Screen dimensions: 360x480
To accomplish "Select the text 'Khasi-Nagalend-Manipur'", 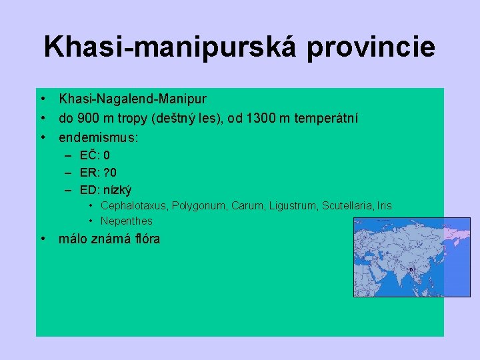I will [133, 99].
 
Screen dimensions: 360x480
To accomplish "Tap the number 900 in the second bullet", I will [87, 119].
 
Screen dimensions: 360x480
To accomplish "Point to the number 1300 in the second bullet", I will [260, 119].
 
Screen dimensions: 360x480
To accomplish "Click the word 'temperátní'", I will [317, 119].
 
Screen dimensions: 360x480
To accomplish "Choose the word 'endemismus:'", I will [99, 139].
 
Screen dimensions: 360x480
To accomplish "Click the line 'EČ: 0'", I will [95, 156].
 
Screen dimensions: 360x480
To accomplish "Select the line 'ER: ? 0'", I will [99, 173].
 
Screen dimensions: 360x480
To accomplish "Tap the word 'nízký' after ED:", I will [117, 190].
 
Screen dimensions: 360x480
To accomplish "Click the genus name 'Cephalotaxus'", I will [131, 206].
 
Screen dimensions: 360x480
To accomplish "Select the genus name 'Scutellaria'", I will [347, 206].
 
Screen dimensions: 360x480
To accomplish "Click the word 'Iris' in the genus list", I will [385, 206].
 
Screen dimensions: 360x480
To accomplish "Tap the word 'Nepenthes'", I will [127, 221].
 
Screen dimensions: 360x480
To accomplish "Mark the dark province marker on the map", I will [411, 270].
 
